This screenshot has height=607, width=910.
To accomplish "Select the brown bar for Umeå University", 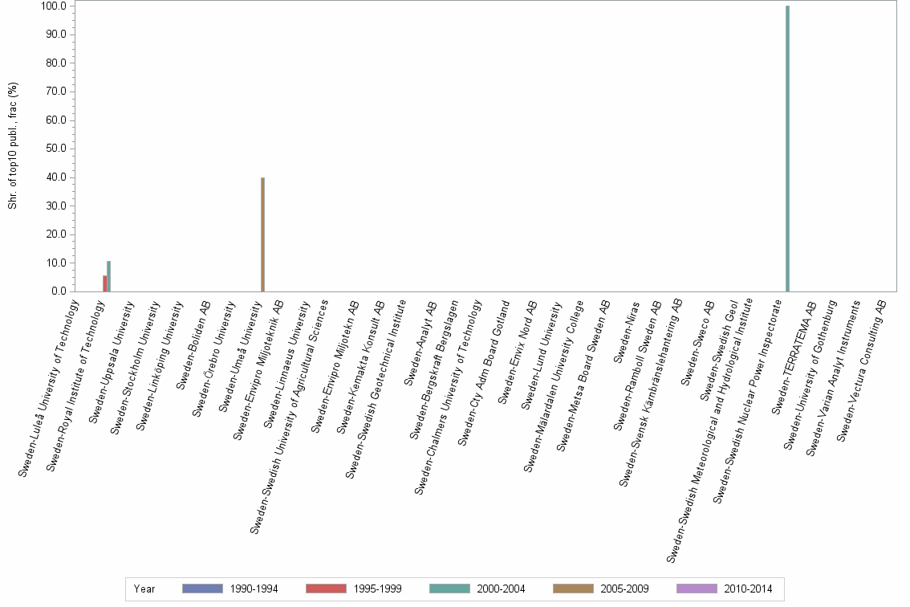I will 262,234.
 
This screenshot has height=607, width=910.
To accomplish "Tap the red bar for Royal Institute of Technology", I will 104,283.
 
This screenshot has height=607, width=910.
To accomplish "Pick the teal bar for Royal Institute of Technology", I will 109,276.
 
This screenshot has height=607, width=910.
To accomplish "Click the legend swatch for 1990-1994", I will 202,589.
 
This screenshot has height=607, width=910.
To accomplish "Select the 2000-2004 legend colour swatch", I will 449,589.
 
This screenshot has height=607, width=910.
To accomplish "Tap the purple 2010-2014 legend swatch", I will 697,589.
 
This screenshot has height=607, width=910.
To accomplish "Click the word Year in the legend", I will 144,589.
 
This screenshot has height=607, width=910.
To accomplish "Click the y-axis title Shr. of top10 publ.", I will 13,149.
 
